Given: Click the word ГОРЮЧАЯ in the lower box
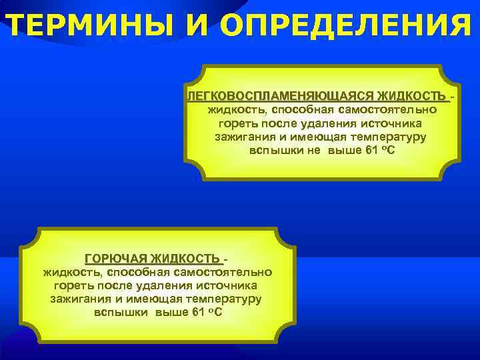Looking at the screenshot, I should click(x=116, y=259).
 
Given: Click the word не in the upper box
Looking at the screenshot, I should click(x=317, y=150).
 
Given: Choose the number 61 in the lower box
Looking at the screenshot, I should click(x=199, y=313).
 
